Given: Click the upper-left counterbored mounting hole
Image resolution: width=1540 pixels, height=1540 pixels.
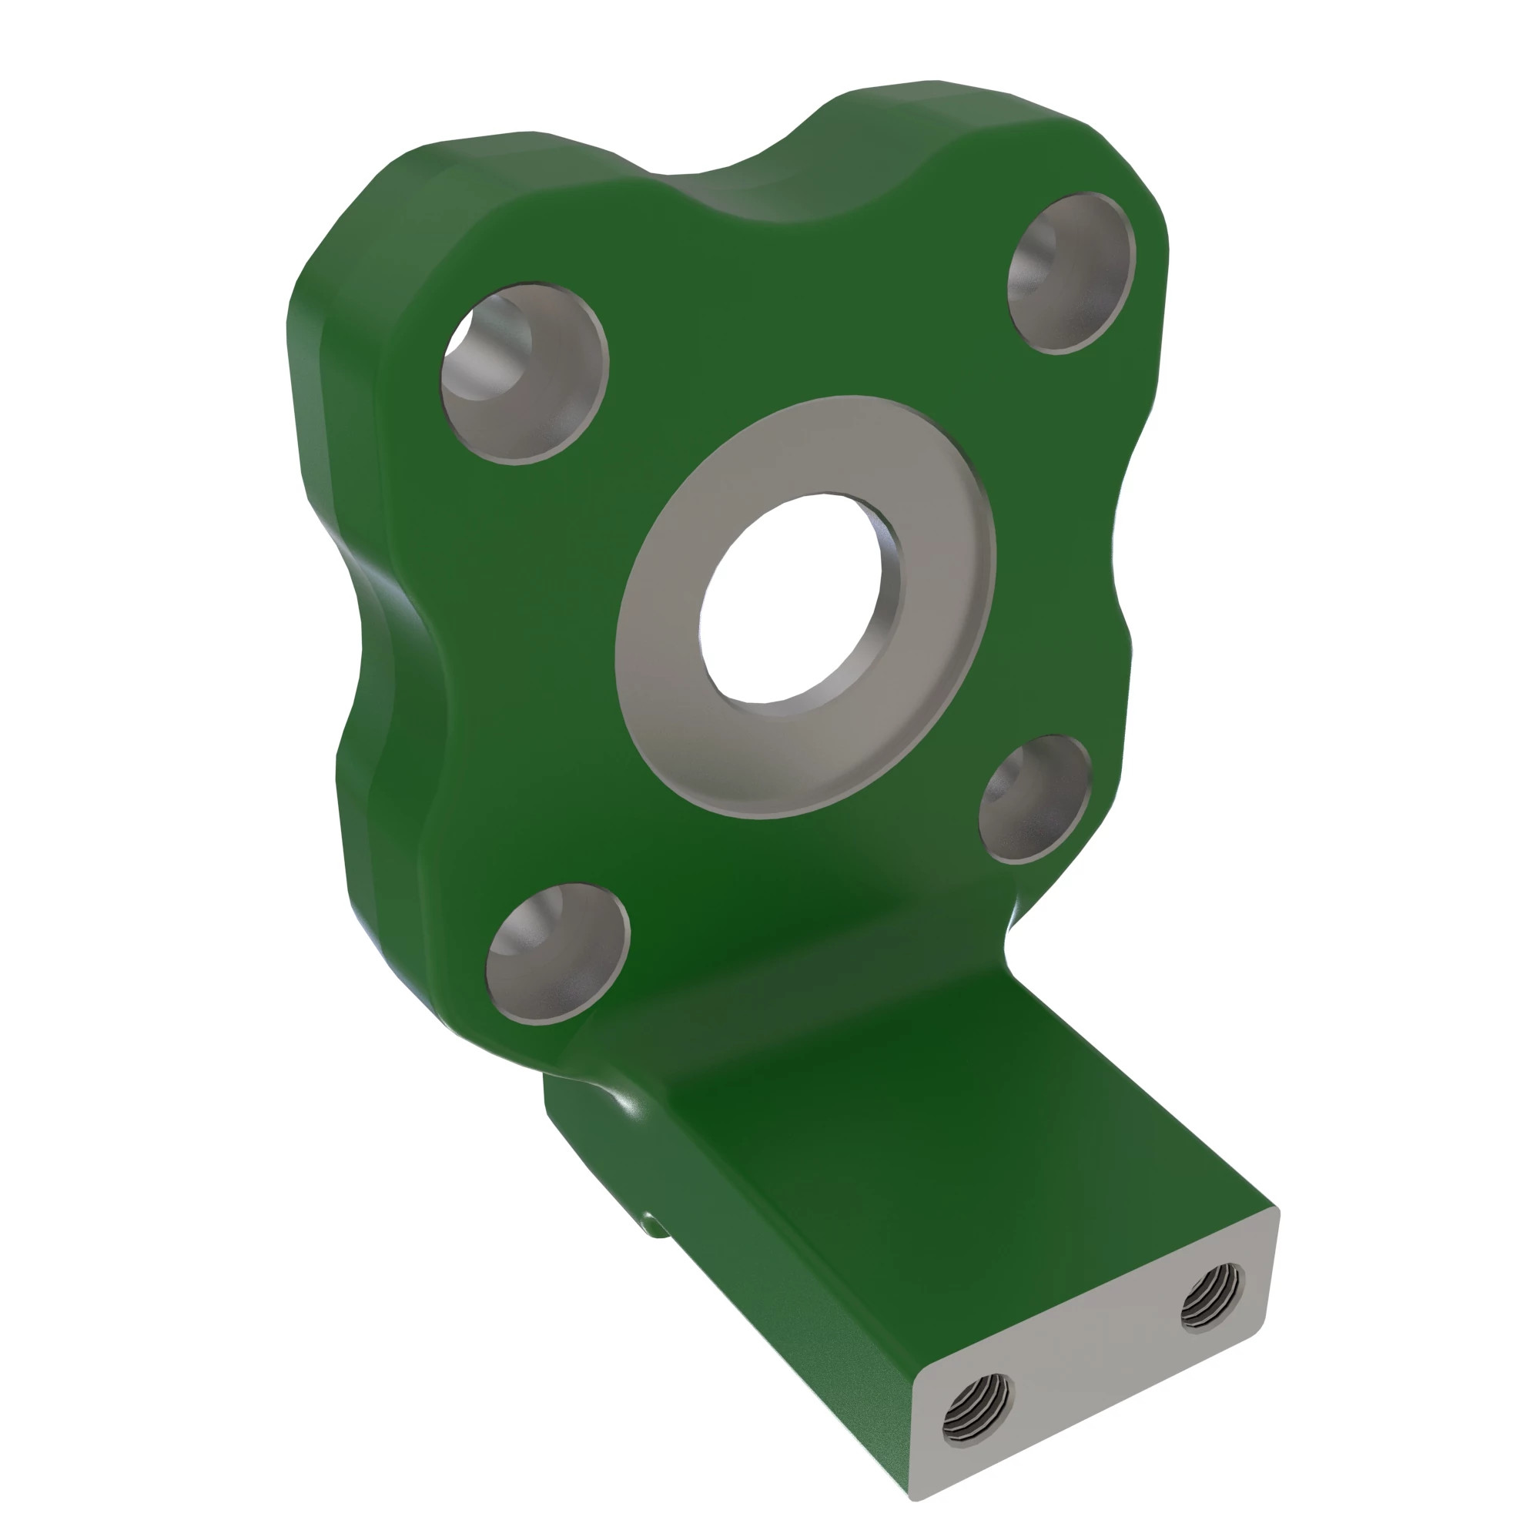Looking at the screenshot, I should point(525,372).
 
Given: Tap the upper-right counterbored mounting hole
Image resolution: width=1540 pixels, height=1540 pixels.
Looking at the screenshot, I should point(1071,272).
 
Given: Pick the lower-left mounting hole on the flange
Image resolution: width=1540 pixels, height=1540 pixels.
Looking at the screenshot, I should point(558,954).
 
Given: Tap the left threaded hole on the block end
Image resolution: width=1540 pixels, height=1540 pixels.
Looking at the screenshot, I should point(976,1421).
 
